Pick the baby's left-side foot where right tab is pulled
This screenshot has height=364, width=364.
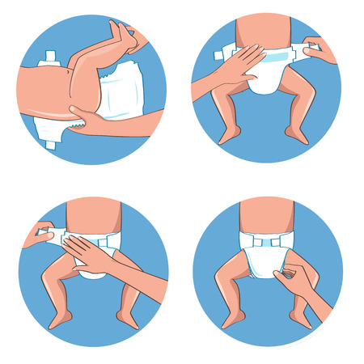click(x=229, y=133)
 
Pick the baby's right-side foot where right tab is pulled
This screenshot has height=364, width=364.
click(x=297, y=133)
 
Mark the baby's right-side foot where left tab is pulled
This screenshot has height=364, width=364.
click(x=127, y=318)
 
